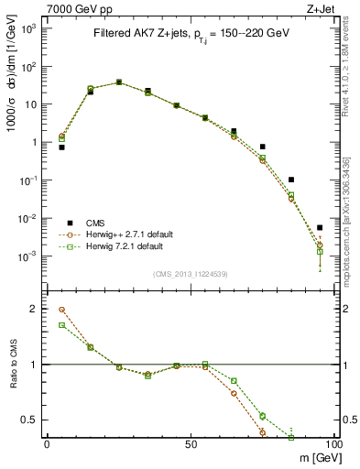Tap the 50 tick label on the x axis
pyautogui.click(x=191, y=446)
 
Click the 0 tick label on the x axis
pyautogui.click(x=48, y=446)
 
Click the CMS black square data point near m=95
pyautogui.click(x=320, y=228)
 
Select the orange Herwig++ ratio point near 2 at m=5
pyautogui.click(x=62, y=310)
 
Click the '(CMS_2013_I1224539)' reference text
pyautogui.click(x=191, y=274)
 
